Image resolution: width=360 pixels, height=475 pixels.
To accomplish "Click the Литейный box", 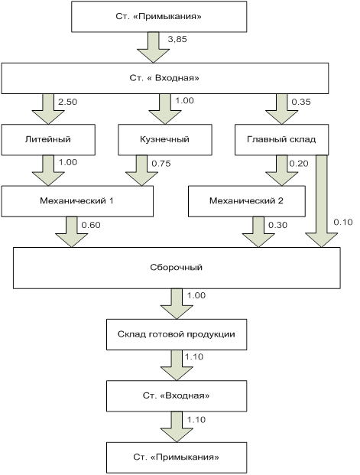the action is (48, 140).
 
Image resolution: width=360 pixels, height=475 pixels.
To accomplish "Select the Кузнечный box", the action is (165, 140).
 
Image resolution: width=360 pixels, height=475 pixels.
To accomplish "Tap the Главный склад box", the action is (281, 140).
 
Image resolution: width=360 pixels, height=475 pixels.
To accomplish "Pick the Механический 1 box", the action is (77, 201).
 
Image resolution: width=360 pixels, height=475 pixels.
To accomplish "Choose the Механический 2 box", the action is (247, 201).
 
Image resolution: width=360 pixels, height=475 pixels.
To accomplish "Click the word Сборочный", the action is (177, 268).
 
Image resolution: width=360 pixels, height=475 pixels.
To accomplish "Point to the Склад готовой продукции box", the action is (177, 334).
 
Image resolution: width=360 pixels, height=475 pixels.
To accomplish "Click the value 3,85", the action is (177, 39).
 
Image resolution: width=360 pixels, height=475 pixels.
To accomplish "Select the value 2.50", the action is (68, 102).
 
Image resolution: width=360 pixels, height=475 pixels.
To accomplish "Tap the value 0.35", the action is (301, 102).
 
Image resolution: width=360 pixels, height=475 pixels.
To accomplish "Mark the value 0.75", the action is (161, 164).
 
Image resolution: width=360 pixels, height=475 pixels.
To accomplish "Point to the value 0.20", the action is (299, 164).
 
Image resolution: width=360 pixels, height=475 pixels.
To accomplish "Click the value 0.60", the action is (91, 225).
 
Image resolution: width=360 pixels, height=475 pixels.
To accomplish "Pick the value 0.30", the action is (277, 225).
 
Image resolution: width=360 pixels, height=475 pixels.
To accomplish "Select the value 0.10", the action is (343, 223).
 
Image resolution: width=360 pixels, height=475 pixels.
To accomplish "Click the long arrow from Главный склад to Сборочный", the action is (322, 201).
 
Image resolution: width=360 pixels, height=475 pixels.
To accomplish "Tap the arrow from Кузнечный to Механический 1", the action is (141, 171).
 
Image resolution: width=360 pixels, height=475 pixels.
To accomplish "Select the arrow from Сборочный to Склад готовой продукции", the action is (177, 304).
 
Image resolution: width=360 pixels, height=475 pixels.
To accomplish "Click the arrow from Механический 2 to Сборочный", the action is (258, 232).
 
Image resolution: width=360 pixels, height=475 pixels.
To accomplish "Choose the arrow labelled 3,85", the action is (153, 47).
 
